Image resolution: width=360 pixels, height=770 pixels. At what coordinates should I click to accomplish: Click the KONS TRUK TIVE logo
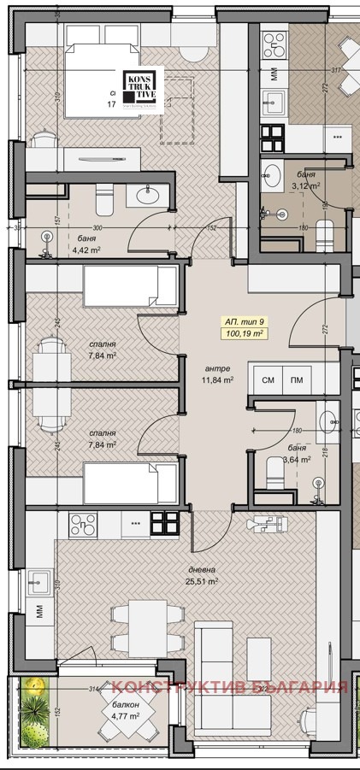tap(139, 88)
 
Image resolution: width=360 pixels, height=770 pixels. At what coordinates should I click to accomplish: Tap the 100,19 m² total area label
tap(245, 332)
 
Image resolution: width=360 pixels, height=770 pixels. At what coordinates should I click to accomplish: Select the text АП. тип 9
tap(245, 320)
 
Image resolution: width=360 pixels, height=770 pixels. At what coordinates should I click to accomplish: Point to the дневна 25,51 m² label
tap(202, 575)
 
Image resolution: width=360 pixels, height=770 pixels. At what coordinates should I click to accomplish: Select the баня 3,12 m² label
tap(305, 179)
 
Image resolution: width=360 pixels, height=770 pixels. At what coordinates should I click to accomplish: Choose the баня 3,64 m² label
tap(298, 452)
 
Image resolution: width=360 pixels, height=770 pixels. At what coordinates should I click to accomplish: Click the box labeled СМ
tap(268, 379)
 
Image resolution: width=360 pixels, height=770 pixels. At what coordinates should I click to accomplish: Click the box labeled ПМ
tap(296, 379)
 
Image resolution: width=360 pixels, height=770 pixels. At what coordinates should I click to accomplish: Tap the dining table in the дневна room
tap(148, 626)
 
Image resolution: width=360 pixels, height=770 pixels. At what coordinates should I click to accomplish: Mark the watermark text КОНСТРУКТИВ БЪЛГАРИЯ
tap(231, 687)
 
